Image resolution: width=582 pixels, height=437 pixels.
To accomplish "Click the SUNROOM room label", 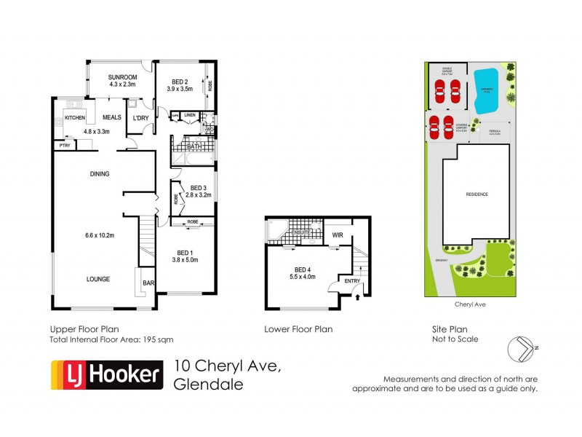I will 122,77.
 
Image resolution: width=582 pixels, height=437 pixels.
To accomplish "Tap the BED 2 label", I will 181,81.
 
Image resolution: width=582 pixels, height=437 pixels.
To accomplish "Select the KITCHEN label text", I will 75,118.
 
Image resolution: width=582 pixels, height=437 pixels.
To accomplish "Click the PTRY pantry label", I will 64,146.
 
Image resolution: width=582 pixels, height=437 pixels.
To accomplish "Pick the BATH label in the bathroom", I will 194,147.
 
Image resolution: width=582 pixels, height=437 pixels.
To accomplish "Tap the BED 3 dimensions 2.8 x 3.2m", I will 198,195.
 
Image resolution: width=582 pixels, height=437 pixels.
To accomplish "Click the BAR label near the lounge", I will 148,283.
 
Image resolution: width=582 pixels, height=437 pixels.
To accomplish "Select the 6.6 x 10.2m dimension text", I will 98,235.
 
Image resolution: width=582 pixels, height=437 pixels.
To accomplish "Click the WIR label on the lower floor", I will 337,235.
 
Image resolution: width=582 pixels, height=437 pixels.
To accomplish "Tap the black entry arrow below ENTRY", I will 356,296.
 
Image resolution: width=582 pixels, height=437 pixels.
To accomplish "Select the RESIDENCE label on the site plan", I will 477,194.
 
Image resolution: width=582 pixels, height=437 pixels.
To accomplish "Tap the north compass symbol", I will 522,348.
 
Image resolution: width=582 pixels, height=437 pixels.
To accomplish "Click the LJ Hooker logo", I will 105,374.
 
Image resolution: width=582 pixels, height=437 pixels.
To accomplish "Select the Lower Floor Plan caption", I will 298,329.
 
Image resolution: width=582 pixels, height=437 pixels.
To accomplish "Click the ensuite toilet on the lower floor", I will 274,231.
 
